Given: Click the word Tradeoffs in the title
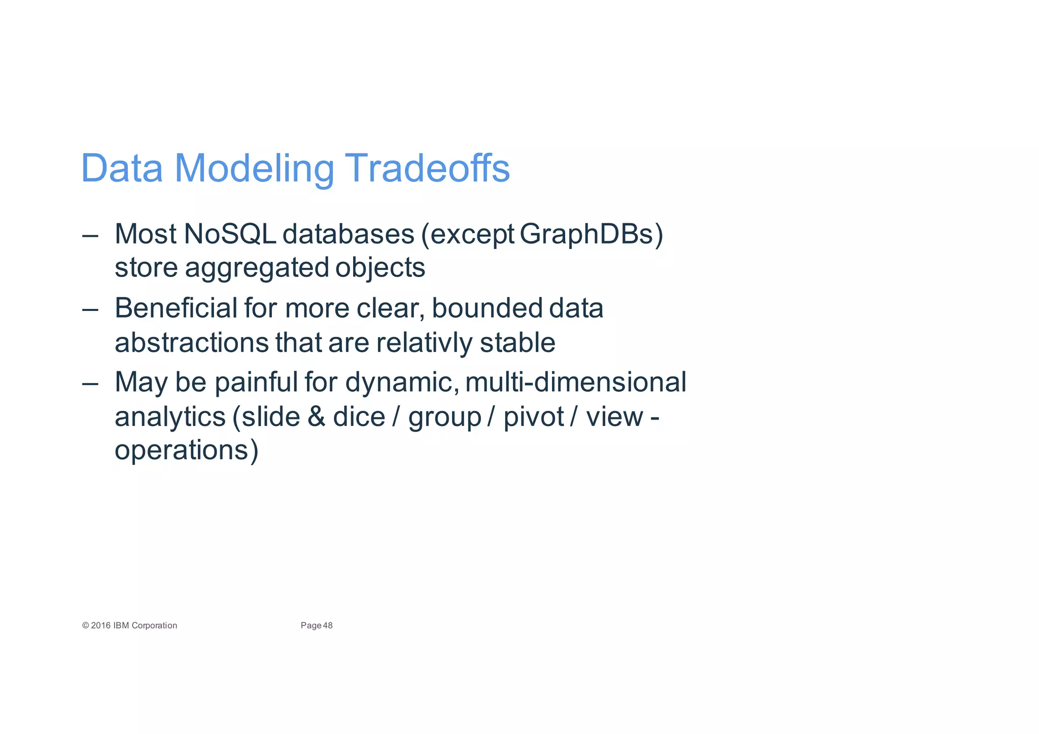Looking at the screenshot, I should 427,168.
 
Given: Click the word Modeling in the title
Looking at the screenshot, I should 254,168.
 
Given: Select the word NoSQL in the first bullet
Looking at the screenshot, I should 229,234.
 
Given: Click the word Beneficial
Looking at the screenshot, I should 176,308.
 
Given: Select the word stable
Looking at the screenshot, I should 517,342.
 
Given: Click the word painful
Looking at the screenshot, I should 256,382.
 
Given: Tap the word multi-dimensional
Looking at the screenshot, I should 575,382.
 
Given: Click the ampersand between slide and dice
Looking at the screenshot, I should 316,417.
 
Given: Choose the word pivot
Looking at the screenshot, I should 533,417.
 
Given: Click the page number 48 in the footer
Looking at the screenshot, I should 328,625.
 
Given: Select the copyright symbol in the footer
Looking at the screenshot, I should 85,625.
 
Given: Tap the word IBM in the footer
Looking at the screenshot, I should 121,625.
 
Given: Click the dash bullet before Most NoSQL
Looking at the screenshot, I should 90,235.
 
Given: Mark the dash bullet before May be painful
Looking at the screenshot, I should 90,383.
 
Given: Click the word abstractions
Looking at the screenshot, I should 191,342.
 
